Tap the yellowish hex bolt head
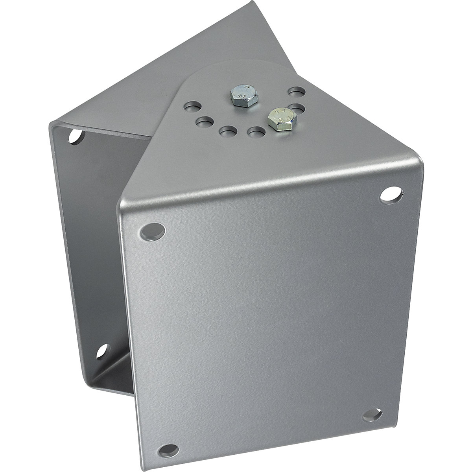[x=278, y=117]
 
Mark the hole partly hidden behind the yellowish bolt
[x=299, y=108]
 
